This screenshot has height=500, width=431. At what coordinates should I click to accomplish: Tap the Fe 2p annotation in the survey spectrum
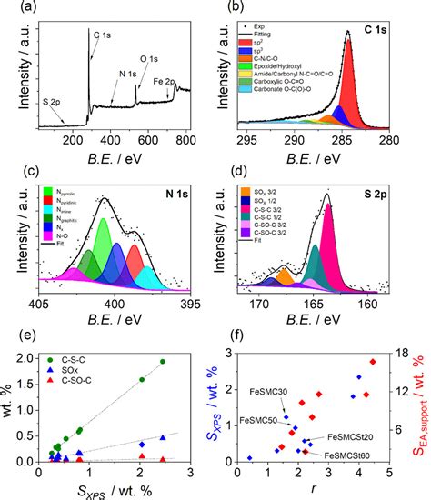(x=167, y=81)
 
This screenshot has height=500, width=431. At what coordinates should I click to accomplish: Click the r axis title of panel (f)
(x=311, y=490)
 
